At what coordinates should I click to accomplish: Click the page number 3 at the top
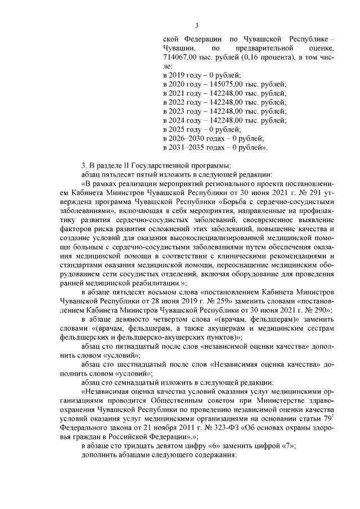pyautogui.click(x=197, y=25)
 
